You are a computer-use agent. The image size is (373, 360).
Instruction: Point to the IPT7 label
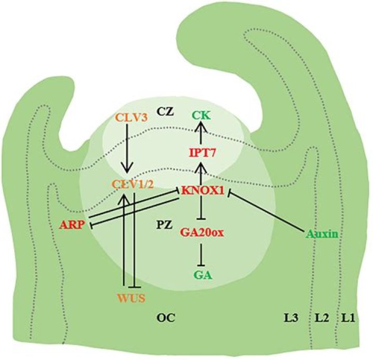click(201, 153)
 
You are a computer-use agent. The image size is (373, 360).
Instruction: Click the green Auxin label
click(321, 234)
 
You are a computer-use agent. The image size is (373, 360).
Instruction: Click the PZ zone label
click(165, 224)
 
